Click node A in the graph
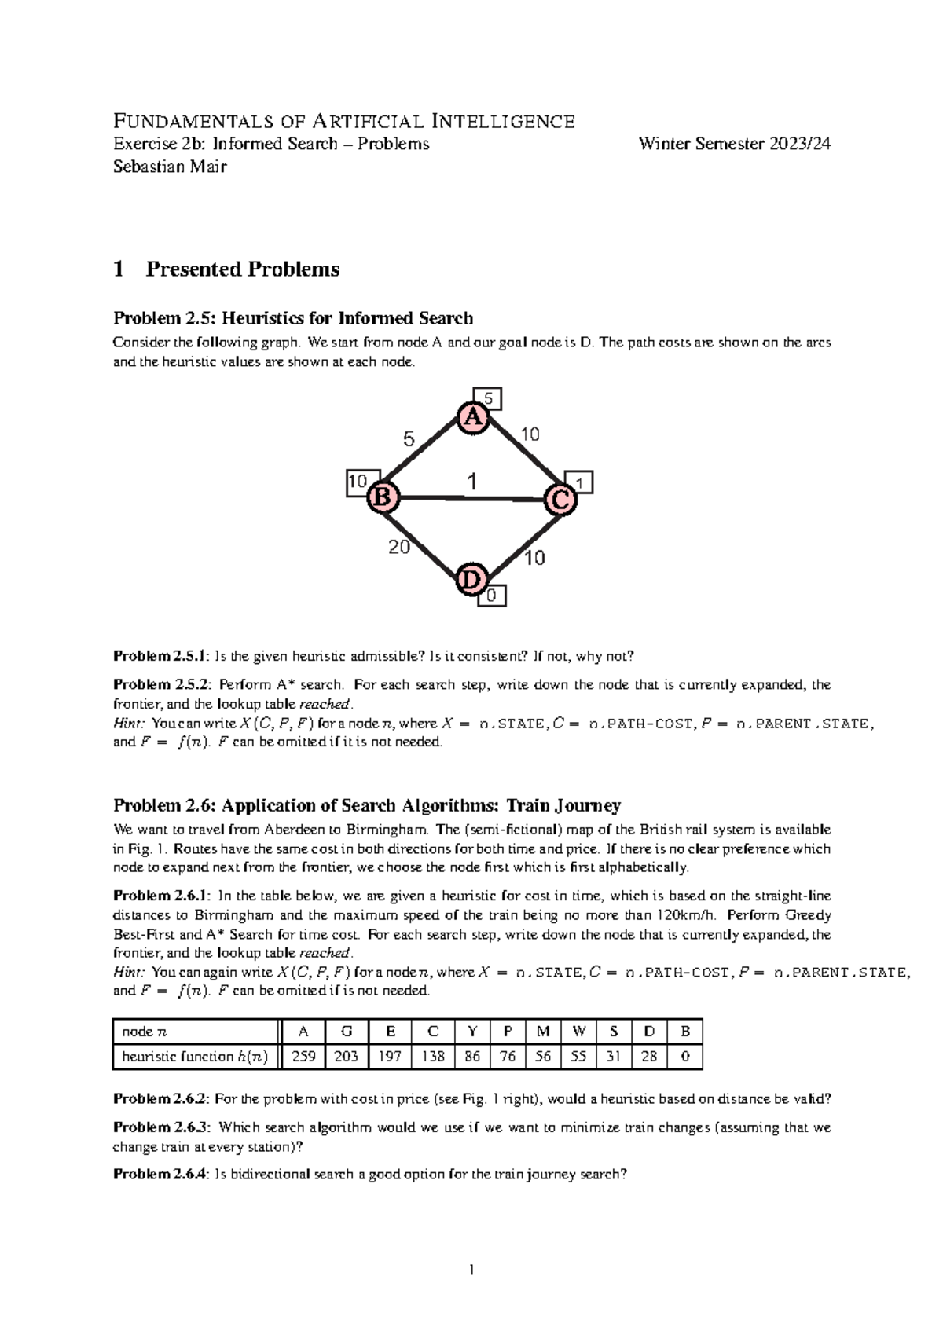coord(473,418)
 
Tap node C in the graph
coord(561,499)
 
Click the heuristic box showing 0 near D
coord(492,596)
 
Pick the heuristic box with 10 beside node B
coord(358,482)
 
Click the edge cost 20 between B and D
coord(399,548)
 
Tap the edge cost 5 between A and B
coord(409,440)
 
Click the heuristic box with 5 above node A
coord(487,399)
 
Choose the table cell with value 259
coord(303,1057)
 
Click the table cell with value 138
coord(433,1057)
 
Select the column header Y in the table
coord(472,1032)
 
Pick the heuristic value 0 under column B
coord(685,1057)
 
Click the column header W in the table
coord(578,1032)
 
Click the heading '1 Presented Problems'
coord(226,269)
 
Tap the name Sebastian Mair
coord(170,166)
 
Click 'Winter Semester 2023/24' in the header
coord(734,144)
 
